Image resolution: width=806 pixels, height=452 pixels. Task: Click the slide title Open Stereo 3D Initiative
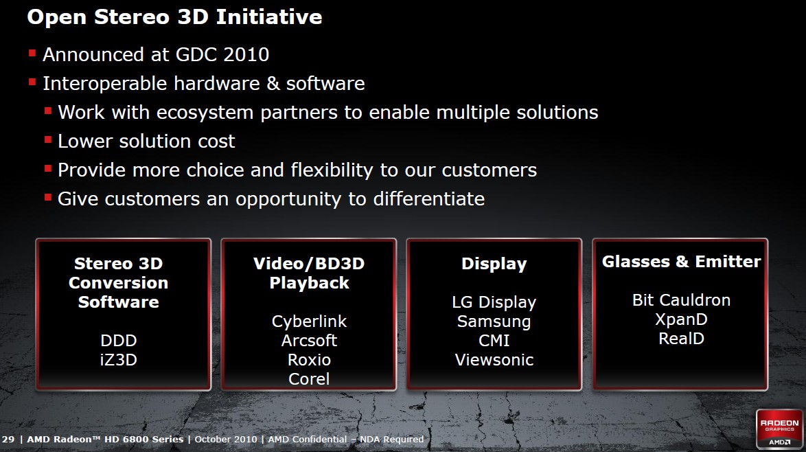pos(175,17)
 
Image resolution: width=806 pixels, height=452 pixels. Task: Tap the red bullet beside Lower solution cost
pos(48,139)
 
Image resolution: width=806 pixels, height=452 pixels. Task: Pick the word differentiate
pos(428,199)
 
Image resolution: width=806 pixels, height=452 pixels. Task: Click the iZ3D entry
pos(118,359)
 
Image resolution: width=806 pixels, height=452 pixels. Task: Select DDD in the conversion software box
pos(118,341)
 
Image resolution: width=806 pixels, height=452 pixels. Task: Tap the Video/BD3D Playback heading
pos(309,273)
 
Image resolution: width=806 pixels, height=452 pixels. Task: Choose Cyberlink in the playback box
pos(309,321)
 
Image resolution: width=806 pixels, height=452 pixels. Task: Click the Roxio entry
pos(309,359)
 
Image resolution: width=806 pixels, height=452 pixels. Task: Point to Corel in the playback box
pos(309,379)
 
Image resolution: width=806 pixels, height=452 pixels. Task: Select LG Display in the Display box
pos(494,302)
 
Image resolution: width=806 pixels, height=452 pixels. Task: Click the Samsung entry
pos(494,321)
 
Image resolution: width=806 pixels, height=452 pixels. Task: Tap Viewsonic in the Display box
pos(494,359)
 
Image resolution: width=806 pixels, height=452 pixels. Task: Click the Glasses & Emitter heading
pos(681,261)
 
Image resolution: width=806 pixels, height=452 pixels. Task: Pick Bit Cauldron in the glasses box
pos(681,300)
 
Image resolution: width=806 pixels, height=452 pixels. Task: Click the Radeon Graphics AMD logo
pos(779,429)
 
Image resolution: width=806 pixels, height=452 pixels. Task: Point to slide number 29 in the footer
pos(8,439)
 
